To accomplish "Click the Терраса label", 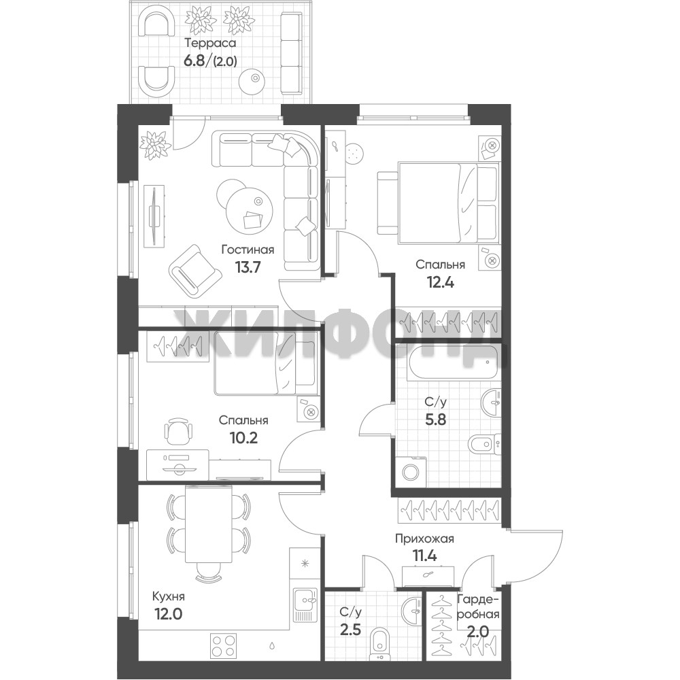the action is (210, 44).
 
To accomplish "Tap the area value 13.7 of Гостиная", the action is (248, 267).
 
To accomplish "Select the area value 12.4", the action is (441, 283).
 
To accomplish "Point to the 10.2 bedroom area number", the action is (243, 437).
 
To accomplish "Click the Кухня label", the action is (168, 597).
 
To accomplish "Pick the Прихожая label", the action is (424, 539).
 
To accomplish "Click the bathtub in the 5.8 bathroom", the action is (454, 362).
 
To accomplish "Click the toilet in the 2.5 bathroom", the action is (381, 643).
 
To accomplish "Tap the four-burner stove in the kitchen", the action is (223, 645).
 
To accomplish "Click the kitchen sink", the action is (305, 605).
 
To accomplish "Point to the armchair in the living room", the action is (193, 271).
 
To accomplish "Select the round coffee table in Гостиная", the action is (250, 207).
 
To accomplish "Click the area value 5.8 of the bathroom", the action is (435, 420).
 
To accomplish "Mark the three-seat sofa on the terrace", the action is (291, 53).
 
